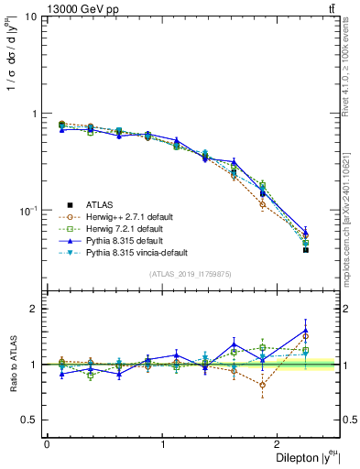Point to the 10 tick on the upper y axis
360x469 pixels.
pyautogui.click(x=31, y=17)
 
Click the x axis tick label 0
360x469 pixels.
pyautogui.click(x=47, y=444)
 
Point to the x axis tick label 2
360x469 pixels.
pyautogui.click(x=280, y=444)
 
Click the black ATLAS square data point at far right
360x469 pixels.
pyautogui.click(x=306, y=249)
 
